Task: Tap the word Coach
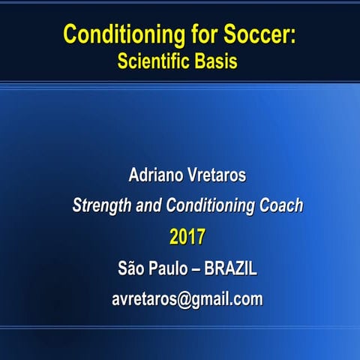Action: coord(280,205)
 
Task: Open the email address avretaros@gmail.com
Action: coord(187,299)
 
